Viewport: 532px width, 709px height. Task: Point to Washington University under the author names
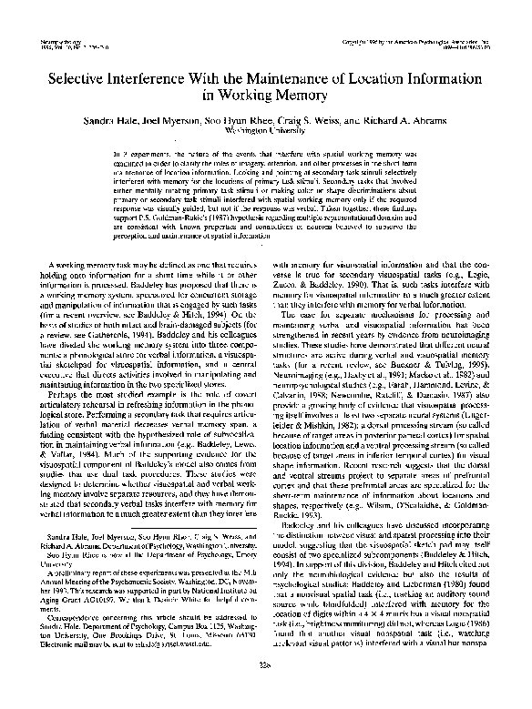265,129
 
